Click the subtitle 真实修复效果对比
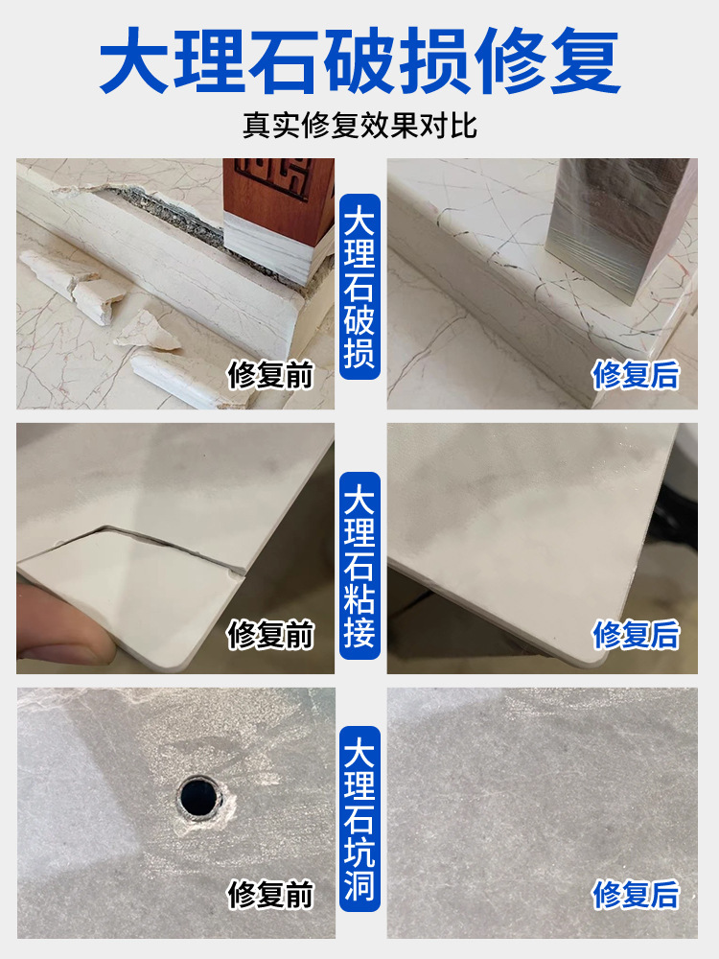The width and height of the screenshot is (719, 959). tap(359, 126)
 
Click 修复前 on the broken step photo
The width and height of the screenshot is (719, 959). tap(270, 374)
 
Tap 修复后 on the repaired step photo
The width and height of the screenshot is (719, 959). tap(636, 374)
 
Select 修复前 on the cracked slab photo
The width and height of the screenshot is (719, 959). tap(270, 634)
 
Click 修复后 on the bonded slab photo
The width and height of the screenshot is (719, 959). tap(636, 634)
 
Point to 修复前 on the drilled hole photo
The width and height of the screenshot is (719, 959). tap(270, 895)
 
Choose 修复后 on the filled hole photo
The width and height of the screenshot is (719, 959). tap(636, 895)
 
